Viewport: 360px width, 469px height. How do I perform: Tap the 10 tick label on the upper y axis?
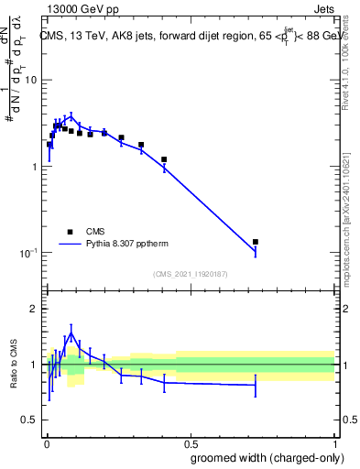click(x=30, y=81)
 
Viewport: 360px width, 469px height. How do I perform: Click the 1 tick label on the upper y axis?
click(x=33, y=167)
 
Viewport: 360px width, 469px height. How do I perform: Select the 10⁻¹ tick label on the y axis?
click(x=28, y=253)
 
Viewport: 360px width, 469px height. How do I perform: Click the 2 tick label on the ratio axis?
click(x=33, y=309)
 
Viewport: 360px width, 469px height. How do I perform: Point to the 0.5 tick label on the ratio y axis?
click(x=28, y=420)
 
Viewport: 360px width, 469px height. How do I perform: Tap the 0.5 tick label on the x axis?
click(x=189, y=443)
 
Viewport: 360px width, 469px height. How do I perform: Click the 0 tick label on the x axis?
click(x=46, y=443)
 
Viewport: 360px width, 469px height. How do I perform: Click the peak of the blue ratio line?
click(x=72, y=333)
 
